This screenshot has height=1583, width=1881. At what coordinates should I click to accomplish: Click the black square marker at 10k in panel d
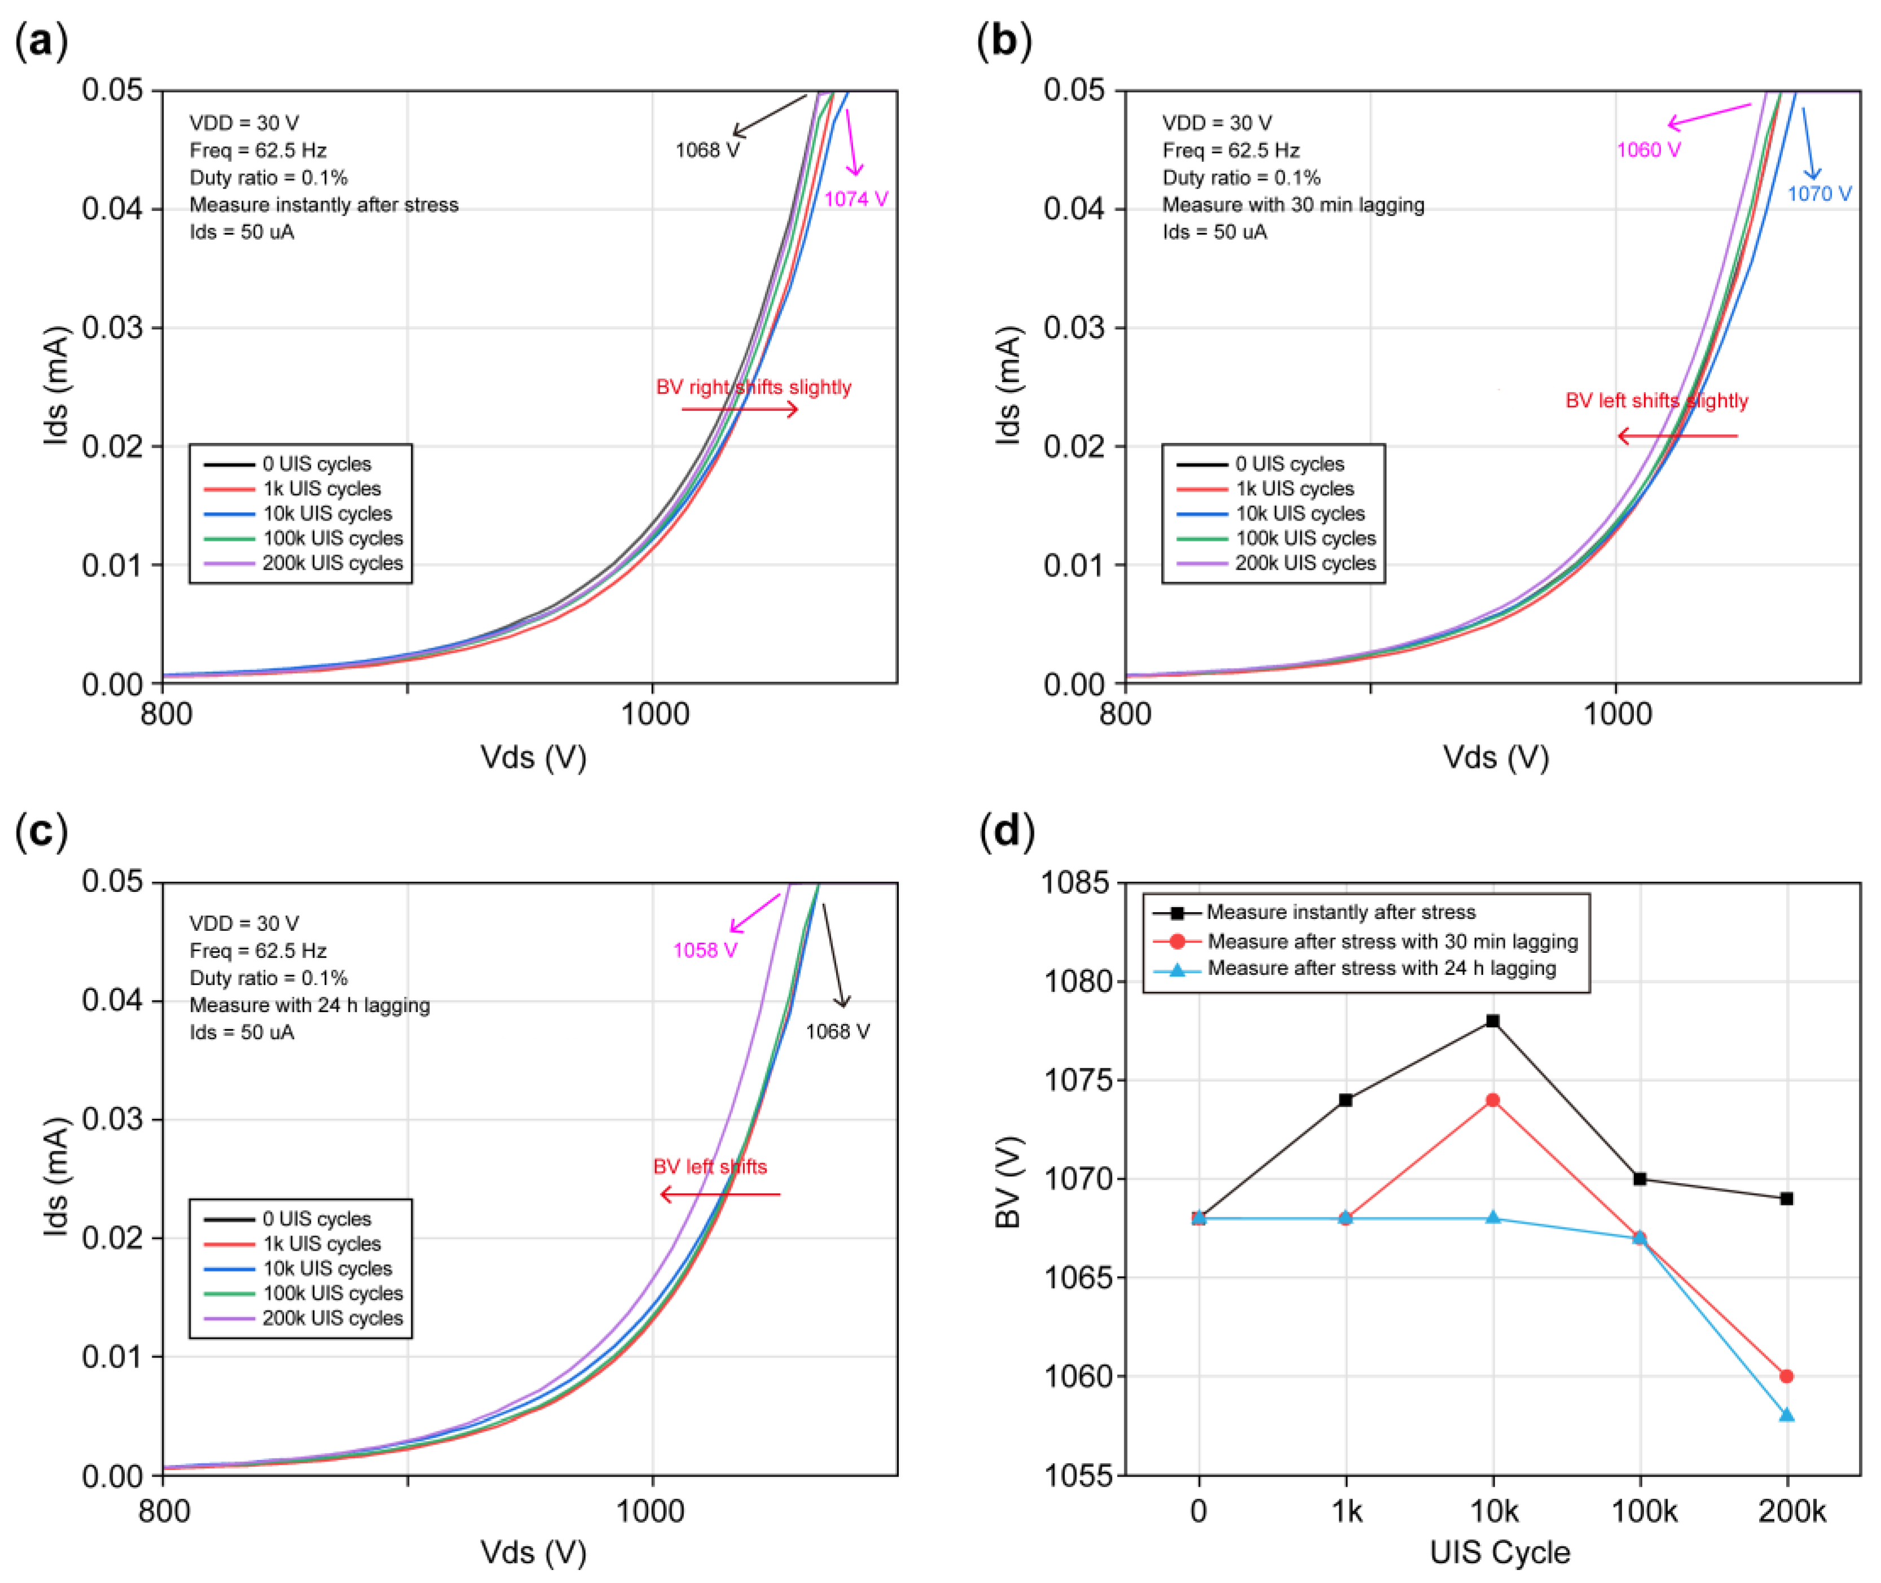[x=1492, y=1021]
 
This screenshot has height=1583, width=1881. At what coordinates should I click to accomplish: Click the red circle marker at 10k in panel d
[x=1492, y=1100]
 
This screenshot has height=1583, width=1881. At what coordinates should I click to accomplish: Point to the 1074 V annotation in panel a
[x=855, y=199]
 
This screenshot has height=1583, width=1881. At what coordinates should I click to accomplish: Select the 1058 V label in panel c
[x=705, y=951]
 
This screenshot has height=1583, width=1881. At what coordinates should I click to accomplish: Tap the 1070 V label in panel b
[x=1819, y=194]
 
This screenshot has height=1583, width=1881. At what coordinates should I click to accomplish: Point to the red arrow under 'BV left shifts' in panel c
[x=720, y=1194]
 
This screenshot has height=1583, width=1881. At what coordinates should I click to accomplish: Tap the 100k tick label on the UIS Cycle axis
[x=1643, y=1512]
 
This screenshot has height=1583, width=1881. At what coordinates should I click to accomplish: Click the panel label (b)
[x=1003, y=41]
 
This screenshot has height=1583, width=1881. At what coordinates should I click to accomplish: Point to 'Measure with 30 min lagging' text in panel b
[x=1293, y=205]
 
